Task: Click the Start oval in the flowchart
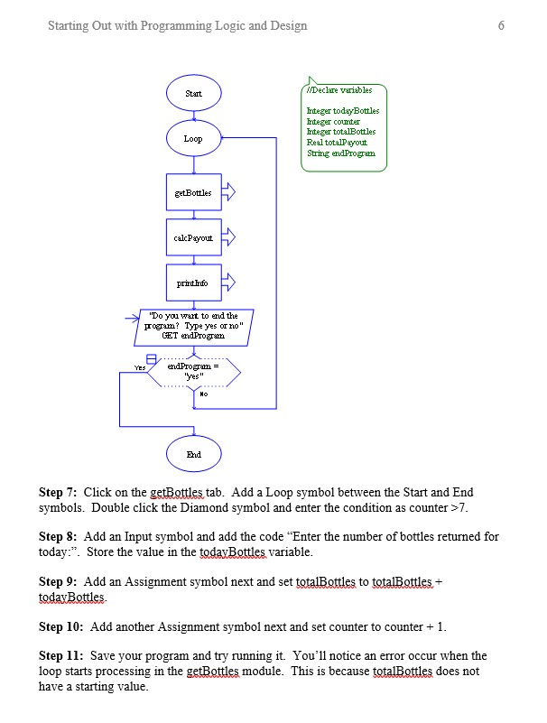pyautogui.click(x=193, y=94)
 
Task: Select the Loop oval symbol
pyautogui.click(x=193, y=139)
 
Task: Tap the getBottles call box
pyautogui.click(x=193, y=192)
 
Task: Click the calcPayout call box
pyautogui.click(x=193, y=237)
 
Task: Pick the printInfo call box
pyautogui.click(x=193, y=283)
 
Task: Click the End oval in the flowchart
pyautogui.click(x=193, y=455)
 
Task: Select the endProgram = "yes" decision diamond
pyautogui.click(x=195, y=371)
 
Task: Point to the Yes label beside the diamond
pyautogui.click(x=140, y=368)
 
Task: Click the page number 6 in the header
pyautogui.click(x=501, y=25)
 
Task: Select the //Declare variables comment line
pyautogui.click(x=334, y=90)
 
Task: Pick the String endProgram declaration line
pyautogui.click(x=340, y=153)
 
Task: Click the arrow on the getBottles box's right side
pyautogui.click(x=228, y=192)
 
